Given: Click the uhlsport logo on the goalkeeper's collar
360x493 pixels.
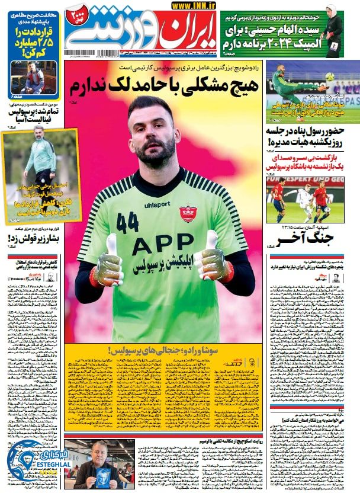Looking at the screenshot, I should (157, 204).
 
